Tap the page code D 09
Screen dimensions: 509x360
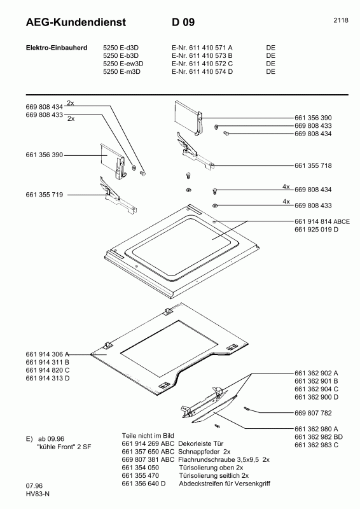coord(183,23)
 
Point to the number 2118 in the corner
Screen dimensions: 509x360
coord(340,20)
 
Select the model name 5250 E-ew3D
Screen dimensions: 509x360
coord(123,64)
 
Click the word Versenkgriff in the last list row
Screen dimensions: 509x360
coord(253,484)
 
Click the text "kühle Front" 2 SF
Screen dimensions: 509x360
coord(58,447)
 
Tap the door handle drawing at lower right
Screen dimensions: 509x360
coord(213,404)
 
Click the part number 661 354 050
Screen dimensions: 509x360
coord(140,467)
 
